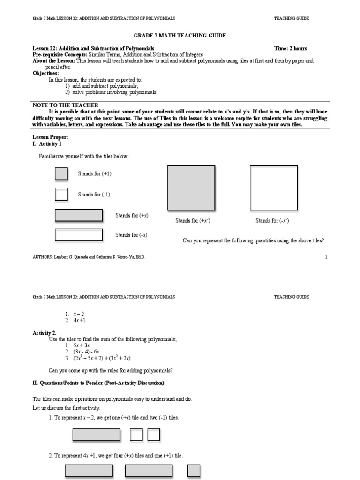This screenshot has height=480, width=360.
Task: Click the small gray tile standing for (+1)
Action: point(61,174)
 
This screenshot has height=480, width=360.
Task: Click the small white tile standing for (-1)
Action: point(61,194)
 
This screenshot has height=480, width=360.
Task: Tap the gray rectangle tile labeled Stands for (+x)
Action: point(79,215)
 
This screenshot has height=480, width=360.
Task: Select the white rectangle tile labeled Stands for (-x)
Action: point(79,234)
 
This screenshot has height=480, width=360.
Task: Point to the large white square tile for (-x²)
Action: point(273,188)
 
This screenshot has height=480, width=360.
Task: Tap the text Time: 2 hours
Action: point(291,49)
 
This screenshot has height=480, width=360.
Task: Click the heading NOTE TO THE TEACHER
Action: point(65,105)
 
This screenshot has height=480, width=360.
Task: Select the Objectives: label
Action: point(46,74)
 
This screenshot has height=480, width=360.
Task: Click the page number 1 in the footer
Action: point(326,257)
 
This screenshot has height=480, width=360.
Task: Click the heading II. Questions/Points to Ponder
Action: point(98,383)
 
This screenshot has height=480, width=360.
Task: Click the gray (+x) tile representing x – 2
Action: point(96,435)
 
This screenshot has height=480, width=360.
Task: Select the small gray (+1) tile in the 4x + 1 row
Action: point(194,471)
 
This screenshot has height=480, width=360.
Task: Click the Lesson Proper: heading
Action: point(50,137)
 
